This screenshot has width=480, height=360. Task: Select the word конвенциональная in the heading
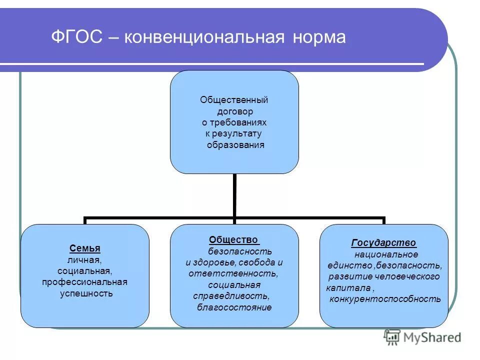200,37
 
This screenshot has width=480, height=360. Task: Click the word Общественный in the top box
234,100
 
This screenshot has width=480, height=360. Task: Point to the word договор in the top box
234,111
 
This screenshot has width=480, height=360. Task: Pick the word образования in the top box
234,145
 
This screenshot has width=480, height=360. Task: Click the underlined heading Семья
84,248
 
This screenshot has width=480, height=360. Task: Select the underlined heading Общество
233,240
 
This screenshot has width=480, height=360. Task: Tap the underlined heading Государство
383,243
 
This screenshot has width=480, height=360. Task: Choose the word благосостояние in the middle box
234,307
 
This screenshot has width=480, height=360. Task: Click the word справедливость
231,296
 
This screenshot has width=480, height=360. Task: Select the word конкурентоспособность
385,299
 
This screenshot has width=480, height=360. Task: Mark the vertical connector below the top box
234,195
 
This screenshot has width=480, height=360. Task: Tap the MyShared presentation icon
392,337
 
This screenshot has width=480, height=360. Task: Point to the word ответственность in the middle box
233,273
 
